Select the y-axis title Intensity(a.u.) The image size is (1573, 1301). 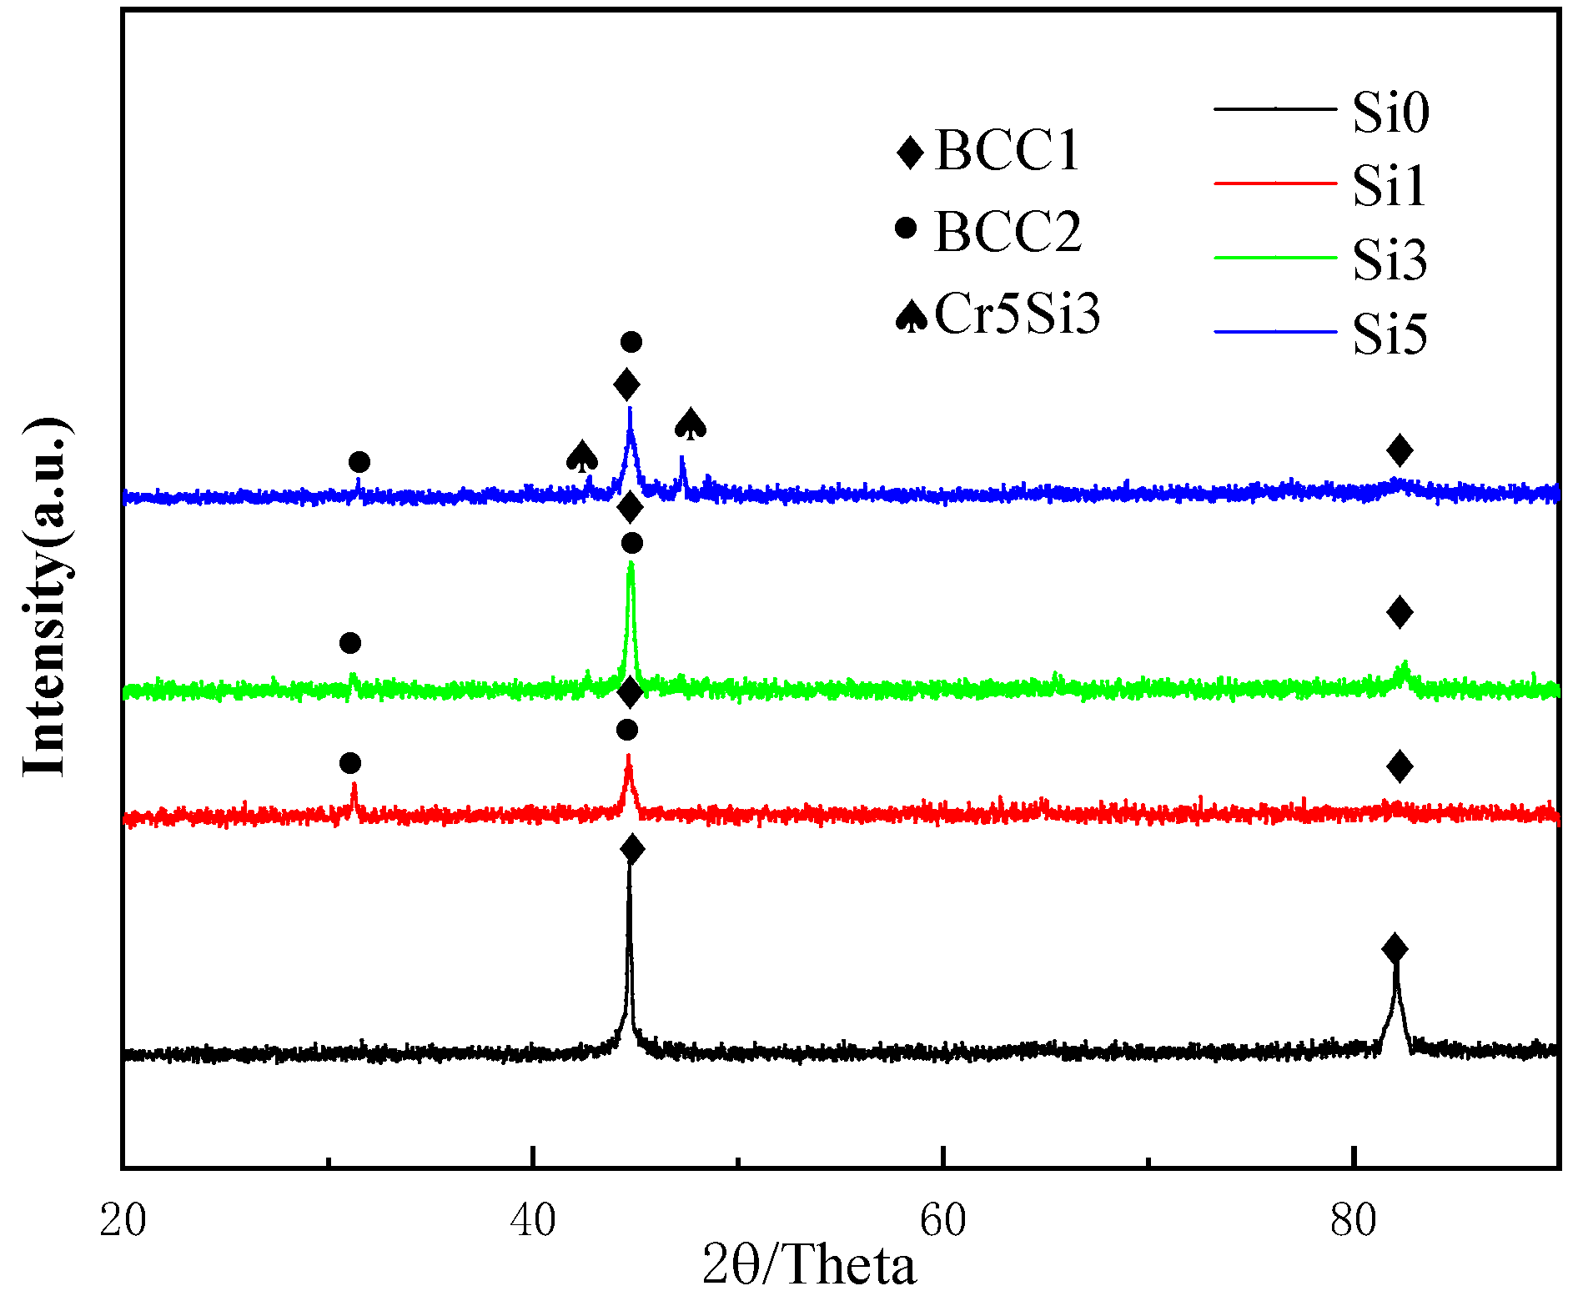[x=46, y=596]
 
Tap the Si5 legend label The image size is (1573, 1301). [x=1390, y=334]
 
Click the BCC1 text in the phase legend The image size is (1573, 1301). [x=1007, y=151]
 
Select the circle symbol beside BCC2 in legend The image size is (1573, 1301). [x=906, y=227]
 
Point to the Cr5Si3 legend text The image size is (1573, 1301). [x=1017, y=314]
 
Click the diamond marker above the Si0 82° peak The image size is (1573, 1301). [x=1395, y=948]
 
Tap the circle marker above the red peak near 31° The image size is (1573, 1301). [x=351, y=763]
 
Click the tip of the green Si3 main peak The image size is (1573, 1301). [x=631, y=565]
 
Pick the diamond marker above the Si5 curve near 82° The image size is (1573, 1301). [x=1400, y=450]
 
